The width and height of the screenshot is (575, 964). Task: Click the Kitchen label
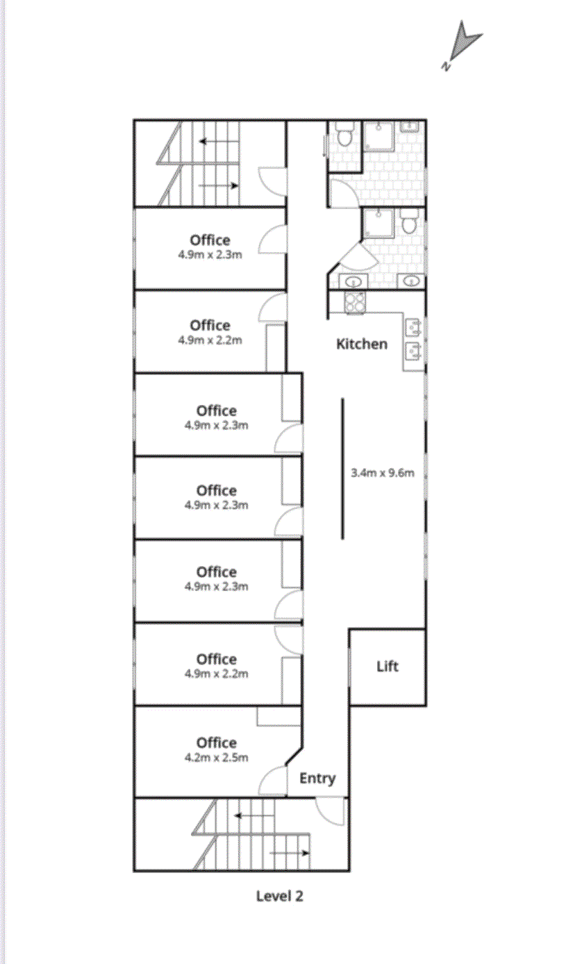click(362, 344)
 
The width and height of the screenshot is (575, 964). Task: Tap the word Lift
click(387, 667)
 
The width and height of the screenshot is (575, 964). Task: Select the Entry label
click(317, 779)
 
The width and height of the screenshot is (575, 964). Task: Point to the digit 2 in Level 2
click(299, 896)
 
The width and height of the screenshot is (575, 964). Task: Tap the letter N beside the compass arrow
click(446, 66)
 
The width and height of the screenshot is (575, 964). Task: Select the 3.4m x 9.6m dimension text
click(383, 474)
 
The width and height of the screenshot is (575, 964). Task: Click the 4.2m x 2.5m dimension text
click(216, 758)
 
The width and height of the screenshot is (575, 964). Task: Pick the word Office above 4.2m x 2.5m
click(217, 743)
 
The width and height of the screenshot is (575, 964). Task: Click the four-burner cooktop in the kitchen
click(354, 303)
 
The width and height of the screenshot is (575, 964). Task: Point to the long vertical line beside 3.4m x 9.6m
click(342, 469)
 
